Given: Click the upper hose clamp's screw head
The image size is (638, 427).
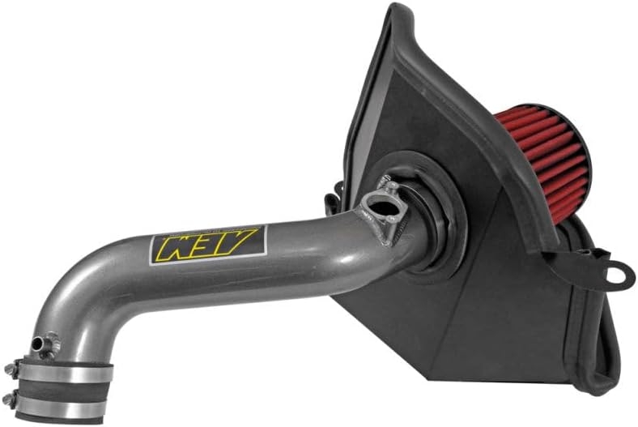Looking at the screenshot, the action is pos(9,370).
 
